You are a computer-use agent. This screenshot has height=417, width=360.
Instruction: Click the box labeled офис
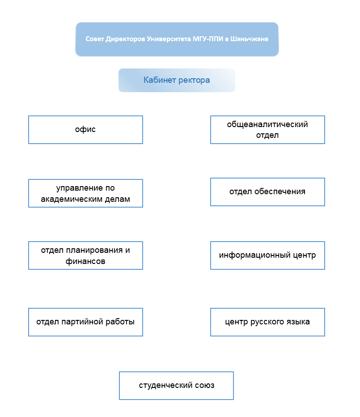[x=85, y=130]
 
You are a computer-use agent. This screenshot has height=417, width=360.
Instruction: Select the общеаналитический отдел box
[x=267, y=130]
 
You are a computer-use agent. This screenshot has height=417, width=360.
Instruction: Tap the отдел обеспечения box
[x=267, y=192]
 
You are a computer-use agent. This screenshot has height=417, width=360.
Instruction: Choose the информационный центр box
[x=267, y=255]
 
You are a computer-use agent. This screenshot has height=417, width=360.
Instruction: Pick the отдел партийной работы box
[x=85, y=322]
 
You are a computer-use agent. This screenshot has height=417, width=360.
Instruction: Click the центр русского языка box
[x=267, y=322]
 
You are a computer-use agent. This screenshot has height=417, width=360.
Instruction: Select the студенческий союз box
[x=176, y=386]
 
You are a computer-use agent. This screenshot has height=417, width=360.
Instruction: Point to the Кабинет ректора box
[x=177, y=81]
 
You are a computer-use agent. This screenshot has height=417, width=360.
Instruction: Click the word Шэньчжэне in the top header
[x=249, y=39]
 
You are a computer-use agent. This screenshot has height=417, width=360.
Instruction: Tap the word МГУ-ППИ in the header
[x=208, y=39]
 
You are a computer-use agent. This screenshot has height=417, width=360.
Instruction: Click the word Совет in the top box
[x=95, y=39]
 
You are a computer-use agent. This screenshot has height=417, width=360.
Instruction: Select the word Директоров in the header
[x=125, y=39]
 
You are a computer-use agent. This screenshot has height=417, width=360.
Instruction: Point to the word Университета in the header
[x=169, y=39]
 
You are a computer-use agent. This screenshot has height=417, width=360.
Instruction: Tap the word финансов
[x=85, y=261]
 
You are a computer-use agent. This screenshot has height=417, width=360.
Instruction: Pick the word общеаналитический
[x=267, y=124]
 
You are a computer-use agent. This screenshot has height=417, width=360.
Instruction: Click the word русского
[x=267, y=322]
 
